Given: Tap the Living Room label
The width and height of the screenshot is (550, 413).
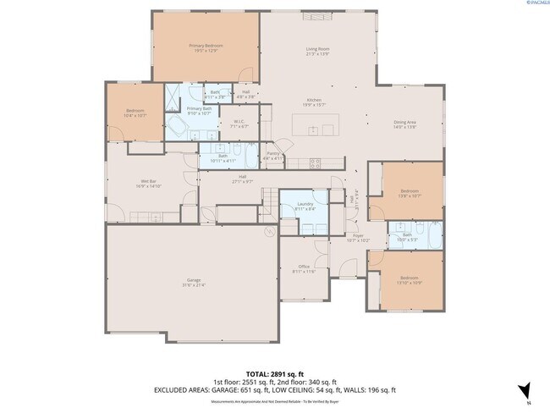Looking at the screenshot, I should [317, 49].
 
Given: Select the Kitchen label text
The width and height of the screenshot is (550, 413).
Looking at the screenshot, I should [314, 100].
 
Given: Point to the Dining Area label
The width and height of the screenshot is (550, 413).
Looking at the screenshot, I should [405, 122].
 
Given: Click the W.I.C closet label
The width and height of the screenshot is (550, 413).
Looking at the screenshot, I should [239, 121].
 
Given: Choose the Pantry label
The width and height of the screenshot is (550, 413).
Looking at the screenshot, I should [273, 154].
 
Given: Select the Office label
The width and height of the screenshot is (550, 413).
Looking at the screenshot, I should [304, 267].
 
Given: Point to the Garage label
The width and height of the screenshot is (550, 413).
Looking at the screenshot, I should [194, 281].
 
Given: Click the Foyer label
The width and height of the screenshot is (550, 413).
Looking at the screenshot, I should [360, 237].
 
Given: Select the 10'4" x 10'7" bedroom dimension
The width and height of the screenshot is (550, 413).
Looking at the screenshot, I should [136, 115].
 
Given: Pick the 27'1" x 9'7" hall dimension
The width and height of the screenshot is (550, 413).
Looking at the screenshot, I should [243, 181].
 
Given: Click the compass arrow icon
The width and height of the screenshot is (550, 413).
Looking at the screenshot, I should [525, 390].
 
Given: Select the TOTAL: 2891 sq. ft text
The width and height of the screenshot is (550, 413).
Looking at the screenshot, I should [274, 373].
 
